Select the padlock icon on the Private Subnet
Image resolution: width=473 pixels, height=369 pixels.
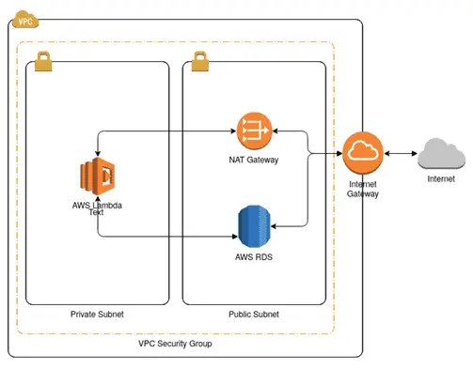point(44,62)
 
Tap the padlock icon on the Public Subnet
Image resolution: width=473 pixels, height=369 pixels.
point(199,62)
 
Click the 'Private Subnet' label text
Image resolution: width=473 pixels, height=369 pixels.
point(97,314)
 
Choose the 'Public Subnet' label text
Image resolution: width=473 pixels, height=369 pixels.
point(254,314)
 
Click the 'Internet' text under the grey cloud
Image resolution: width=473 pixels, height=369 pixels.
point(440,178)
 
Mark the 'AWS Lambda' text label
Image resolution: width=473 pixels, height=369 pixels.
point(97,205)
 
